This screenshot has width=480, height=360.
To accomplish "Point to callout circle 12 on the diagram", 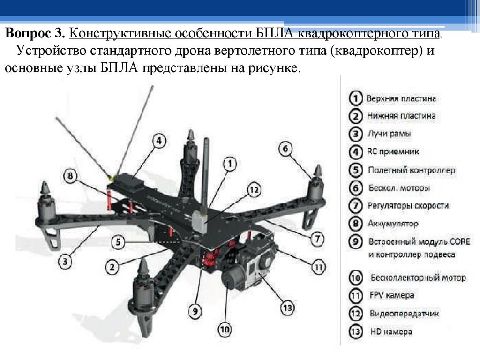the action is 254,190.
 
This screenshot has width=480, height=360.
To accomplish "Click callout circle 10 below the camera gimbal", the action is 225,330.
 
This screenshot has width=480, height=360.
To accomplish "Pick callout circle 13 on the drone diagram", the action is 287,308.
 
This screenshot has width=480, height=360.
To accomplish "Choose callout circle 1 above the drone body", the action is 230,164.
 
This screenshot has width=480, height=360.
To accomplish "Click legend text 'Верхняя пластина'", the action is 402,99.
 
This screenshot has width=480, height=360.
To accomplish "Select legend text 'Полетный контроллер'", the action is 412,170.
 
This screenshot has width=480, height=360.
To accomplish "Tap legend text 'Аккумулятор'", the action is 393,224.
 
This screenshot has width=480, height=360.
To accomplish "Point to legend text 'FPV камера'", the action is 391,295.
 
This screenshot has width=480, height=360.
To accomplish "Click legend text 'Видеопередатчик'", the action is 404,313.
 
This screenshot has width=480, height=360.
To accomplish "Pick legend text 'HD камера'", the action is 391,331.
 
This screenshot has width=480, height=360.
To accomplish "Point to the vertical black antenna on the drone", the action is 205,178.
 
